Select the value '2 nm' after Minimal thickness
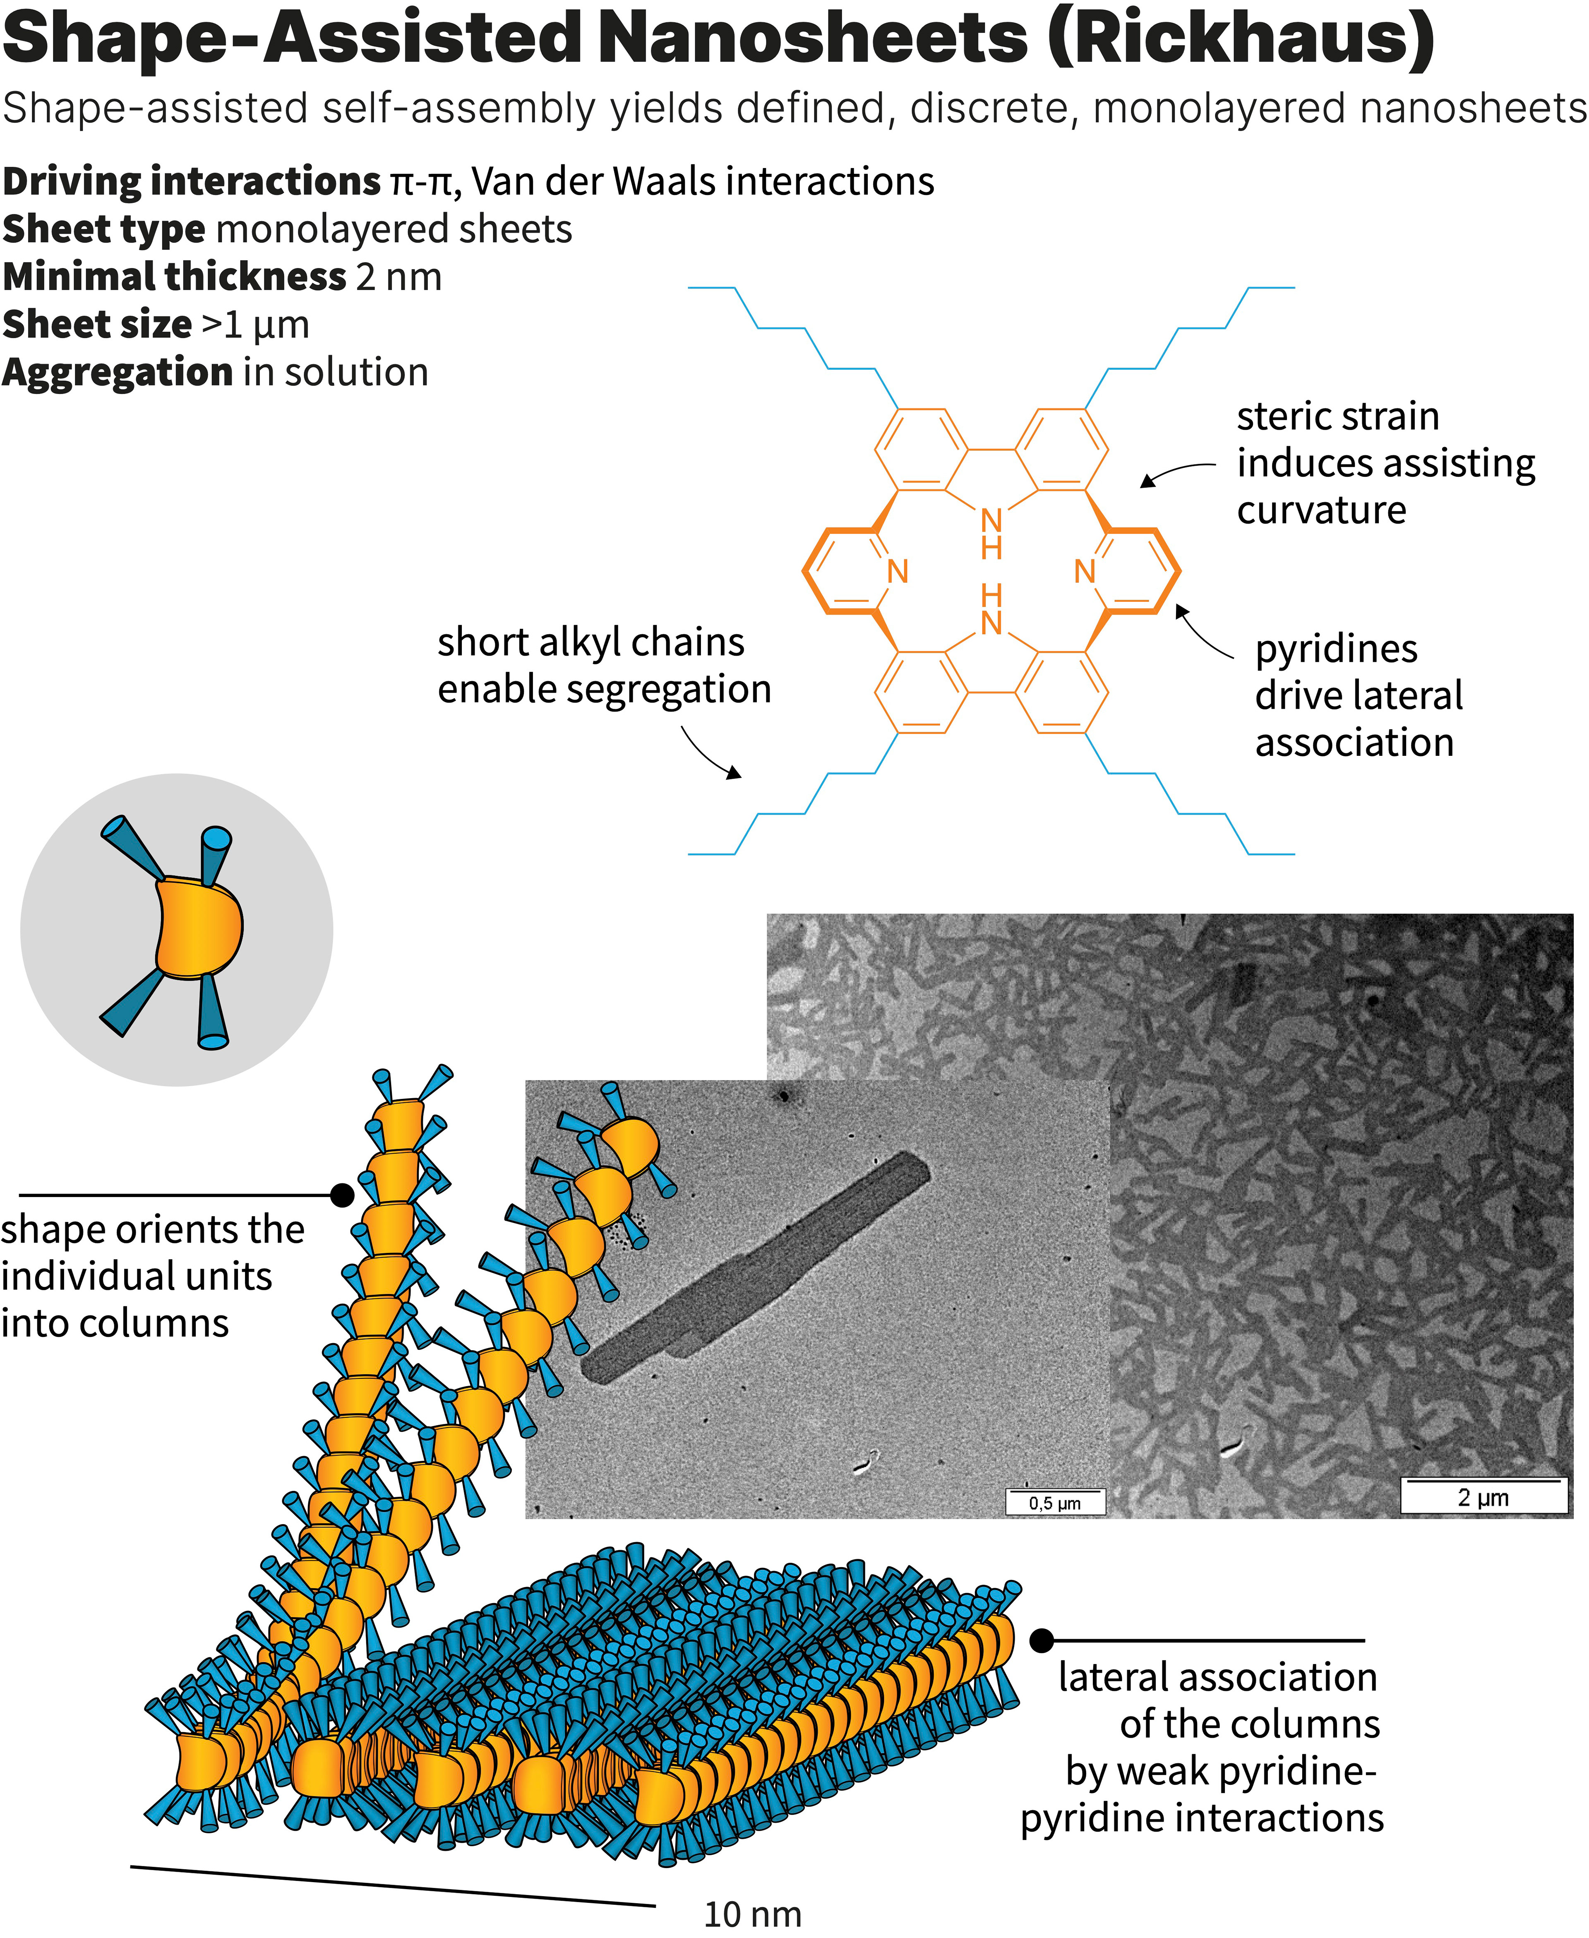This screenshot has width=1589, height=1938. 398,277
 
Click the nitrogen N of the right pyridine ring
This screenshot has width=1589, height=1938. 1085,571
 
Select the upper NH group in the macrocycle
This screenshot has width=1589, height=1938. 991,533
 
